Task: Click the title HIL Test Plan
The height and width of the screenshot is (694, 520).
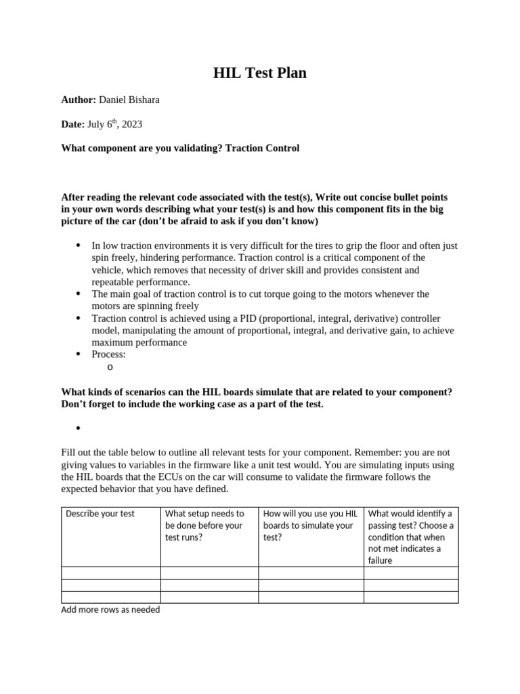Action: point(260,73)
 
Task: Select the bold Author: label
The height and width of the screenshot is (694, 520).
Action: point(79,100)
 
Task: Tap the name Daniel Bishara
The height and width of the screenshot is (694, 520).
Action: point(129,100)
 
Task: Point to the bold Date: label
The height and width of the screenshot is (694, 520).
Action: point(72,124)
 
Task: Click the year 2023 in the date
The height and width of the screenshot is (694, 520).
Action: point(132,124)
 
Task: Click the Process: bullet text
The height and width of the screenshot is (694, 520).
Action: point(108,354)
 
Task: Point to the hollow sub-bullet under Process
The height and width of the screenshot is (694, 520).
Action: point(110,367)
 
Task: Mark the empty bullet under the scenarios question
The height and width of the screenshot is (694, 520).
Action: point(79,428)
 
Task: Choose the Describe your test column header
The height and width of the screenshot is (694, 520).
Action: point(100,514)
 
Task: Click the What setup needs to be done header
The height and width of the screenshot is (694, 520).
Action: point(204,525)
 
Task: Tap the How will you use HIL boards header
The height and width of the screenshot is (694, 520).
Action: point(309,525)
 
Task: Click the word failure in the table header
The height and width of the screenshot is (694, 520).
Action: point(380,560)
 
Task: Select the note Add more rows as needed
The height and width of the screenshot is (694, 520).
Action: point(110,610)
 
